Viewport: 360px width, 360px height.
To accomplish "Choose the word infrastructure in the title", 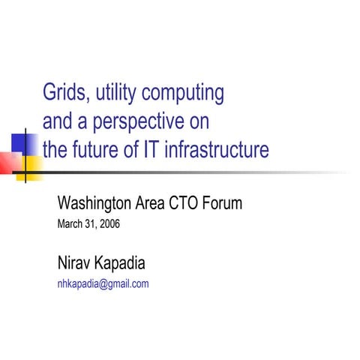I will pyautogui.click(x=223, y=150).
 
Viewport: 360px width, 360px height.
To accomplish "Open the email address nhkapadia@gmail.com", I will pyautogui.click(x=103, y=283).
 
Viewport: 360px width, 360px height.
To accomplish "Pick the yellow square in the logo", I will pyautogui.click(x=31, y=166).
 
